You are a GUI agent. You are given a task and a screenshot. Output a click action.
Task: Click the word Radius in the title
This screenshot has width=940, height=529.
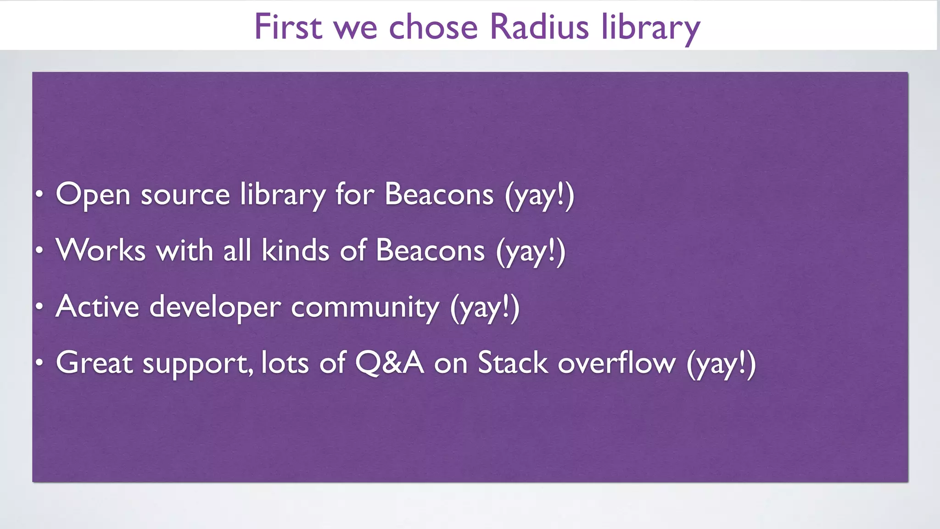point(539,27)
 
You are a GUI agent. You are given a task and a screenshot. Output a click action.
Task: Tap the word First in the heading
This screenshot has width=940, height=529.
point(288,27)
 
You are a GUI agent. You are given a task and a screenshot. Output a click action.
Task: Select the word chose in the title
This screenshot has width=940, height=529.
point(433,27)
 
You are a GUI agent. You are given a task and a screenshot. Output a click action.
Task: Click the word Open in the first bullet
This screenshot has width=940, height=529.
point(93,195)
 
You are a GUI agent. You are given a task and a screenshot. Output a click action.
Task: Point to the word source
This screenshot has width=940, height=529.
point(185,195)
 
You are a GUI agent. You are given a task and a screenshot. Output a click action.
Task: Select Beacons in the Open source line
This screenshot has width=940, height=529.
point(439,194)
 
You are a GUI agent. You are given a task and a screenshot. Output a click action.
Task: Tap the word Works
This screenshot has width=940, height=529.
point(101,251)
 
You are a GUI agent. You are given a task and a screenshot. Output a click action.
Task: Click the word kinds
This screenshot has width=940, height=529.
point(295,251)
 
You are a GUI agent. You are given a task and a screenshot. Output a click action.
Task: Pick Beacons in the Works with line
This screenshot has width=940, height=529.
point(430,251)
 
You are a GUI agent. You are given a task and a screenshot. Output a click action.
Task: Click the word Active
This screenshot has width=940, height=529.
point(97,307)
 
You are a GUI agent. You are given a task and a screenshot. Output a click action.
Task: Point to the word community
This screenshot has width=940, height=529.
point(365,308)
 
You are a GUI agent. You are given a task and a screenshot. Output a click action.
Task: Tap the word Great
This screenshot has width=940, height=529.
point(95,363)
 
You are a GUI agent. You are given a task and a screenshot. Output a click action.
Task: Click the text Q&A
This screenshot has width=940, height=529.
point(389,363)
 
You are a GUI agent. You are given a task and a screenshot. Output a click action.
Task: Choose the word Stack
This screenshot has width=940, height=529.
point(513,363)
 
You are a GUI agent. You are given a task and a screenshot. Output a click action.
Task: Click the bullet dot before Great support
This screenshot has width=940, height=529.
point(40,363)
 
